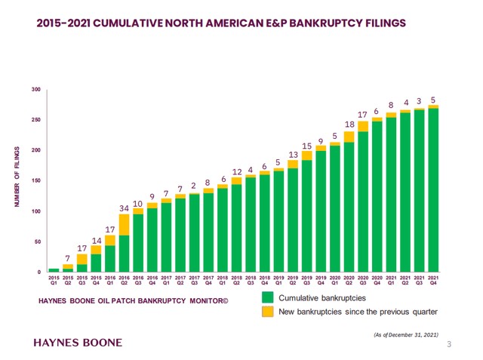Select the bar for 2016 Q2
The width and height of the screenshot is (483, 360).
click(x=124, y=242)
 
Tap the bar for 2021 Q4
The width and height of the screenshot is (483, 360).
click(x=433, y=189)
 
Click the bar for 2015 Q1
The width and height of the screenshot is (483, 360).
click(x=54, y=269)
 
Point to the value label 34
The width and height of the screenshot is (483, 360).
click(x=125, y=208)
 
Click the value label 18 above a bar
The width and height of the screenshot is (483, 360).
click(x=349, y=124)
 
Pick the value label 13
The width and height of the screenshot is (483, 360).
click(x=294, y=155)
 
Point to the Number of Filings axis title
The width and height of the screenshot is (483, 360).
click(x=17, y=180)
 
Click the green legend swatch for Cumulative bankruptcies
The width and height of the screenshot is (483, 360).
click(x=267, y=297)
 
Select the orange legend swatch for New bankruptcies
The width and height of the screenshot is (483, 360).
click(x=267, y=311)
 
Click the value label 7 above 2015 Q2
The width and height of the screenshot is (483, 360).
click(x=68, y=258)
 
